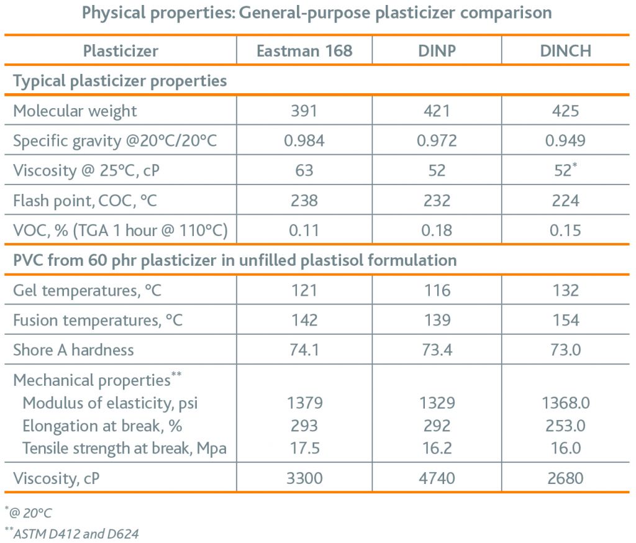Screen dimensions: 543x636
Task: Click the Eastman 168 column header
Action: point(304,51)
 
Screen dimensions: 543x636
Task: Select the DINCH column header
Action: point(565,51)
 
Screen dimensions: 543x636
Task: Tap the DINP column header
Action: point(437,51)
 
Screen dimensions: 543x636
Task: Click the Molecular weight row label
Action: point(75,111)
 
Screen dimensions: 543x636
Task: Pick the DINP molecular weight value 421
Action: point(437,111)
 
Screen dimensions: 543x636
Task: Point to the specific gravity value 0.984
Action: point(304,141)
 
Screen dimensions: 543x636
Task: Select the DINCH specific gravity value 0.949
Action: point(565,141)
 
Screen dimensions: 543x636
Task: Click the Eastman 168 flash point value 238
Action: point(304,201)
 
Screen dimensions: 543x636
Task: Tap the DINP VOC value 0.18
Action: point(437,230)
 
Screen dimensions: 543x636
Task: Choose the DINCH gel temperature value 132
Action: point(565,290)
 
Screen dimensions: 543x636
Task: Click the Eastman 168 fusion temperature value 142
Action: point(304,320)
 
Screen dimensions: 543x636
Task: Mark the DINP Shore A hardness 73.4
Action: point(437,350)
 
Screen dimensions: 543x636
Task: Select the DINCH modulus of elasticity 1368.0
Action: point(565,403)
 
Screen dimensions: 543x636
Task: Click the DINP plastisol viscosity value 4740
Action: point(437,479)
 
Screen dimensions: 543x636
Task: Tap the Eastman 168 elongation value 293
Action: point(304,426)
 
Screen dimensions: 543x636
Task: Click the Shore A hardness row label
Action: point(73,350)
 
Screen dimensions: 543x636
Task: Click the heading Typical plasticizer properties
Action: point(120,81)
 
